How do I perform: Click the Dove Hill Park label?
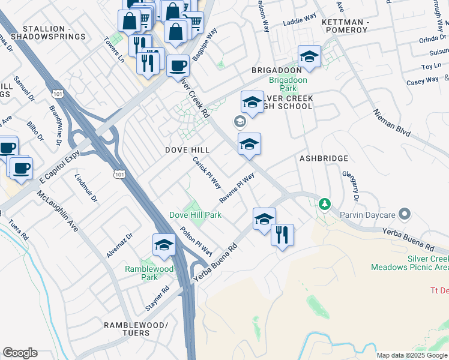click(x=195, y=215)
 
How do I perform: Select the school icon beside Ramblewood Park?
click(x=164, y=244)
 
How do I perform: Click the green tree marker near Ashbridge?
click(x=325, y=205)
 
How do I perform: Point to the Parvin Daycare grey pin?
click(x=405, y=214)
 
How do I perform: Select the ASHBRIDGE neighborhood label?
click(x=324, y=158)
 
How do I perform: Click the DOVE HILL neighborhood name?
click(x=188, y=149)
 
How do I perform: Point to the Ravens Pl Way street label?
click(x=237, y=188)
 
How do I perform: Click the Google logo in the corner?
click(x=20, y=353)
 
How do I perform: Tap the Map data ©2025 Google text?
click(x=411, y=355)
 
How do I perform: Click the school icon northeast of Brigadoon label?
click(x=309, y=57)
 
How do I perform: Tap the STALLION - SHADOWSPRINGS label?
click(x=54, y=32)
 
